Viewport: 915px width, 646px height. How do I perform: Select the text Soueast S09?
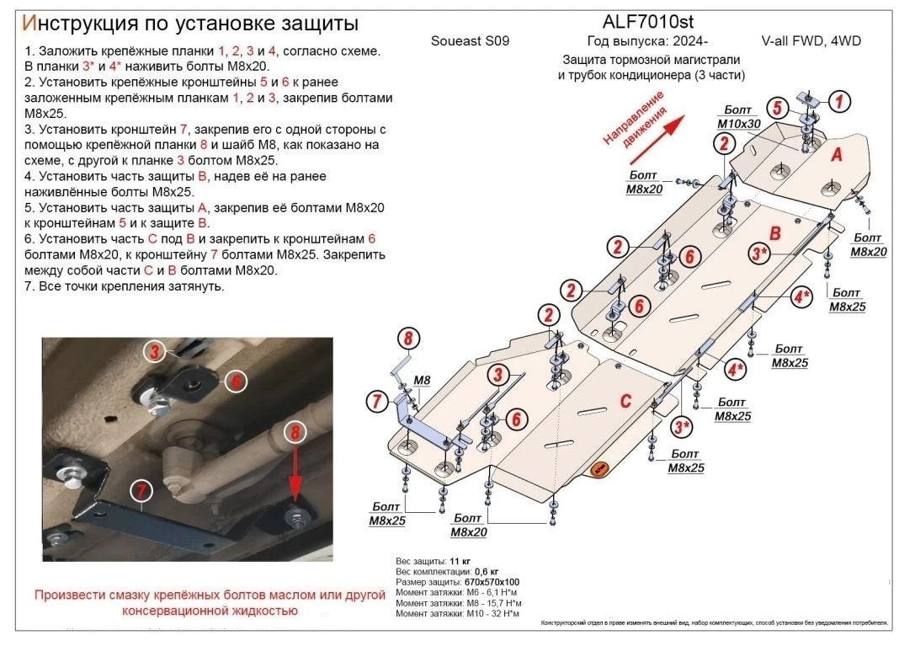[x=470, y=40]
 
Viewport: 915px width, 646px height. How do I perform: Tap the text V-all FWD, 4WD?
[x=811, y=40]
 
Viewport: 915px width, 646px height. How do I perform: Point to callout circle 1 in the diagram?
[x=838, y=102]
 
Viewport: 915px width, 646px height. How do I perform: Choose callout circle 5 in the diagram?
[x=777, y=107]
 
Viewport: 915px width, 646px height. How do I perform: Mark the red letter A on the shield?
[x=837, y=155]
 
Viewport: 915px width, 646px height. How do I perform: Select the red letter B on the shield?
[x=776, y=232]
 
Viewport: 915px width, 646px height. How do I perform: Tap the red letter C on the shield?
[x=625, y=401]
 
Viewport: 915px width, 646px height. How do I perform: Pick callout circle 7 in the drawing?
[x=375, y=400]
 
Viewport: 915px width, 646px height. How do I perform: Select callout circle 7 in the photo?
[x=141, y=489]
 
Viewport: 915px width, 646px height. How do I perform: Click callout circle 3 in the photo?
[x=155, y=350]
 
